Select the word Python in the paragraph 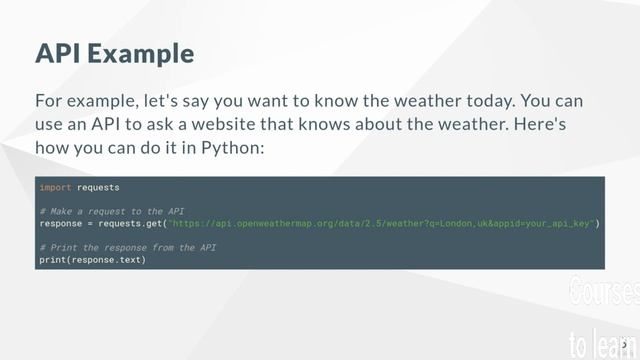click(231, 148)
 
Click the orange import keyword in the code click(55, 187)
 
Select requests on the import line click(98, 187)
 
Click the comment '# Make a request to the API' click(111, 211)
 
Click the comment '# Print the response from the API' click(127, 247)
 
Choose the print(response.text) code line click(92, 259)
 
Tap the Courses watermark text click(603, 293)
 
